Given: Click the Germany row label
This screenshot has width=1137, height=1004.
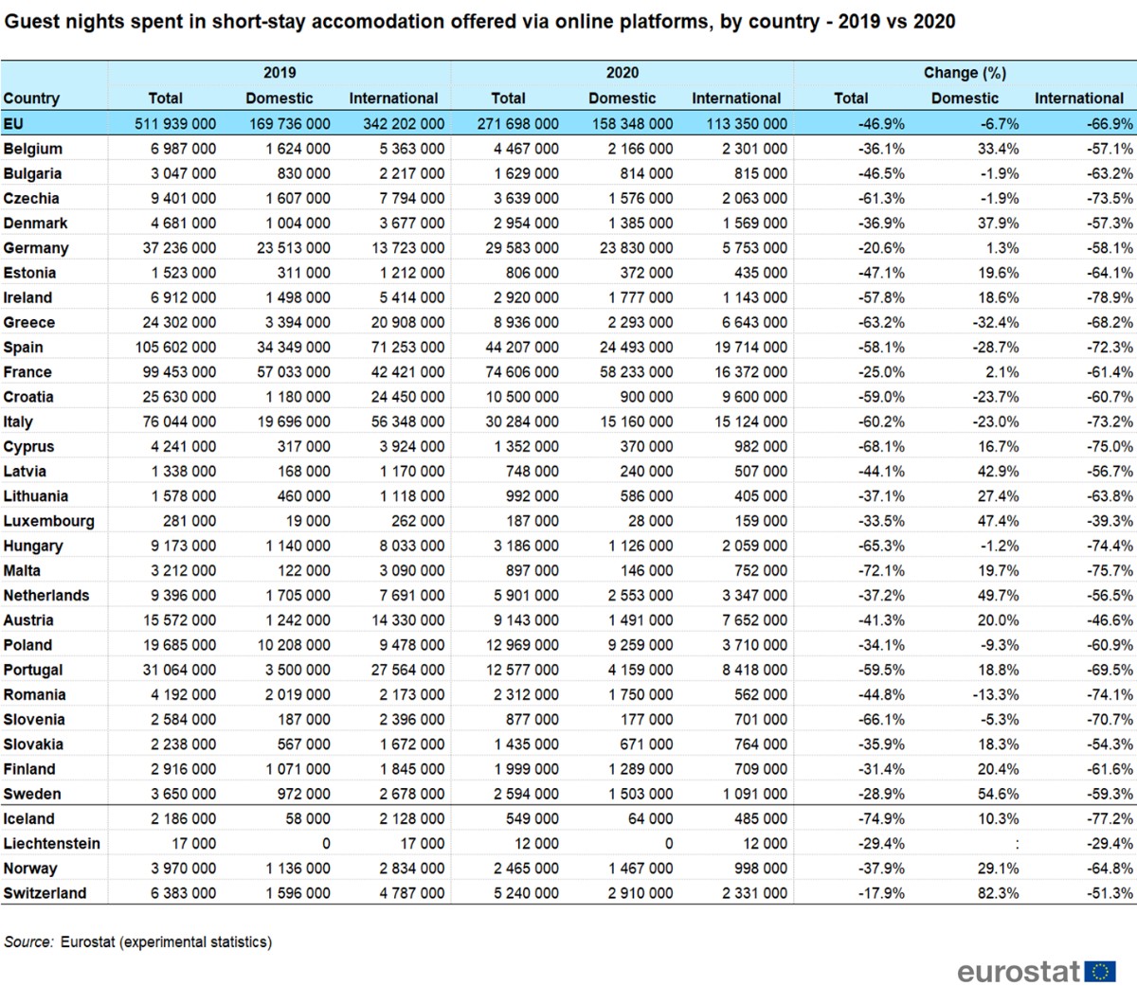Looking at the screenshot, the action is [36, 248].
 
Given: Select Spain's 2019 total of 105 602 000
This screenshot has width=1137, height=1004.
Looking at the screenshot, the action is [175, 348].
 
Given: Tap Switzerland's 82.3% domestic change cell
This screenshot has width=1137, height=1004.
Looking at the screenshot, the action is [998, 893].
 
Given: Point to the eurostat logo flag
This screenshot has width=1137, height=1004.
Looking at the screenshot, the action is [1100, 972].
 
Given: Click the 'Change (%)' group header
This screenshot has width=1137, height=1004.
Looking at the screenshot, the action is [965, 73].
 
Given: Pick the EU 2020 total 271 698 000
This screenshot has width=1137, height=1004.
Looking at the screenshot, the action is [518, 124].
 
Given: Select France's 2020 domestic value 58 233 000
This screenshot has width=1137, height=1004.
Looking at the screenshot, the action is [636, 372].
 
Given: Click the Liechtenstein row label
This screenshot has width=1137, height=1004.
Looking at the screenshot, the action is [51, 844].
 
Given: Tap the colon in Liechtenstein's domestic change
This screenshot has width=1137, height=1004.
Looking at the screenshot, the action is [1017, 844].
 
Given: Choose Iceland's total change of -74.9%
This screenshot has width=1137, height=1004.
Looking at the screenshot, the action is [881, 818].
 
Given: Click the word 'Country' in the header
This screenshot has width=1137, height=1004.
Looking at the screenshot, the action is [31, 99].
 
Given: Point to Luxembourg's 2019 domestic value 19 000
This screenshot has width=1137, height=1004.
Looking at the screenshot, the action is [308, 521].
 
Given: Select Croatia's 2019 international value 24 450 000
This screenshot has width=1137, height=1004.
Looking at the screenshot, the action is [407, 397].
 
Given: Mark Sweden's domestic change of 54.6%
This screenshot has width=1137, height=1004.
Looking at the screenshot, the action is [998, 794].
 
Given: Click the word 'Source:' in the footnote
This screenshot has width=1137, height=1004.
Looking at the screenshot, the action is [28, 941].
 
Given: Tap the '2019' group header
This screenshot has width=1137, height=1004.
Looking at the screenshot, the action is [280, 73].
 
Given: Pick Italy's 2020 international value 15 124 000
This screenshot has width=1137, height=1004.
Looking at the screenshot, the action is [750, 421].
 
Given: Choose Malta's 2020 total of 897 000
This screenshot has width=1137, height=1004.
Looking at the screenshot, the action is [532, 571].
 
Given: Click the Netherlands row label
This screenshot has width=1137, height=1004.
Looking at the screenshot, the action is [46, 596].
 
